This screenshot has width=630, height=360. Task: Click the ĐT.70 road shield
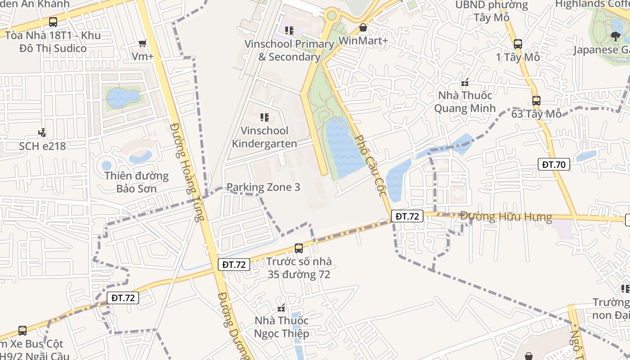click(x=553, y=164)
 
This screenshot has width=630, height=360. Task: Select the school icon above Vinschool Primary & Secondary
click(x=289, y=31)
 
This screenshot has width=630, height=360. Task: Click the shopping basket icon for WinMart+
click(x=363, y=28)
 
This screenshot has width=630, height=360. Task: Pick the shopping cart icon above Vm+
click(x=143, y=44)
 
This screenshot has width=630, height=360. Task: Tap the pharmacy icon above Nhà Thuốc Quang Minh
click(x=465, y=82)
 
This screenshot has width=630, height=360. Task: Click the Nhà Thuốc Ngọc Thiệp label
click(x=282, y=327)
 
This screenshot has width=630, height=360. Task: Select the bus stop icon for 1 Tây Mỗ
click(x=518, y=44)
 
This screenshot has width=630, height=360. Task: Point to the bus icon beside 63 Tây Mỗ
click(x=536, y=101)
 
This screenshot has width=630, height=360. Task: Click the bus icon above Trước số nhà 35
click(x=298, y=248)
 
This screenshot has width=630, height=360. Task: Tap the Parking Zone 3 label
click(x=263, y=187)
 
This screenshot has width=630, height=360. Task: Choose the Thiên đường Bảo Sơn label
click(x=136, y=182)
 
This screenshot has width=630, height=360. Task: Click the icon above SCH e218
click(x=42, y=133)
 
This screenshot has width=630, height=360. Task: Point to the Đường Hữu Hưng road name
click(x=506, y=217)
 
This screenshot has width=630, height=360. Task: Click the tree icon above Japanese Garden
click(x=616, y=36)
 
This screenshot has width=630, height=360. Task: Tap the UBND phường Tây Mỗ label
click(x=491, y=11)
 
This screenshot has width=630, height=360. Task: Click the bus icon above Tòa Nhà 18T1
click(x=53, y=22)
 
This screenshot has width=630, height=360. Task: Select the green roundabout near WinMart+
click(x=332, y=16)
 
